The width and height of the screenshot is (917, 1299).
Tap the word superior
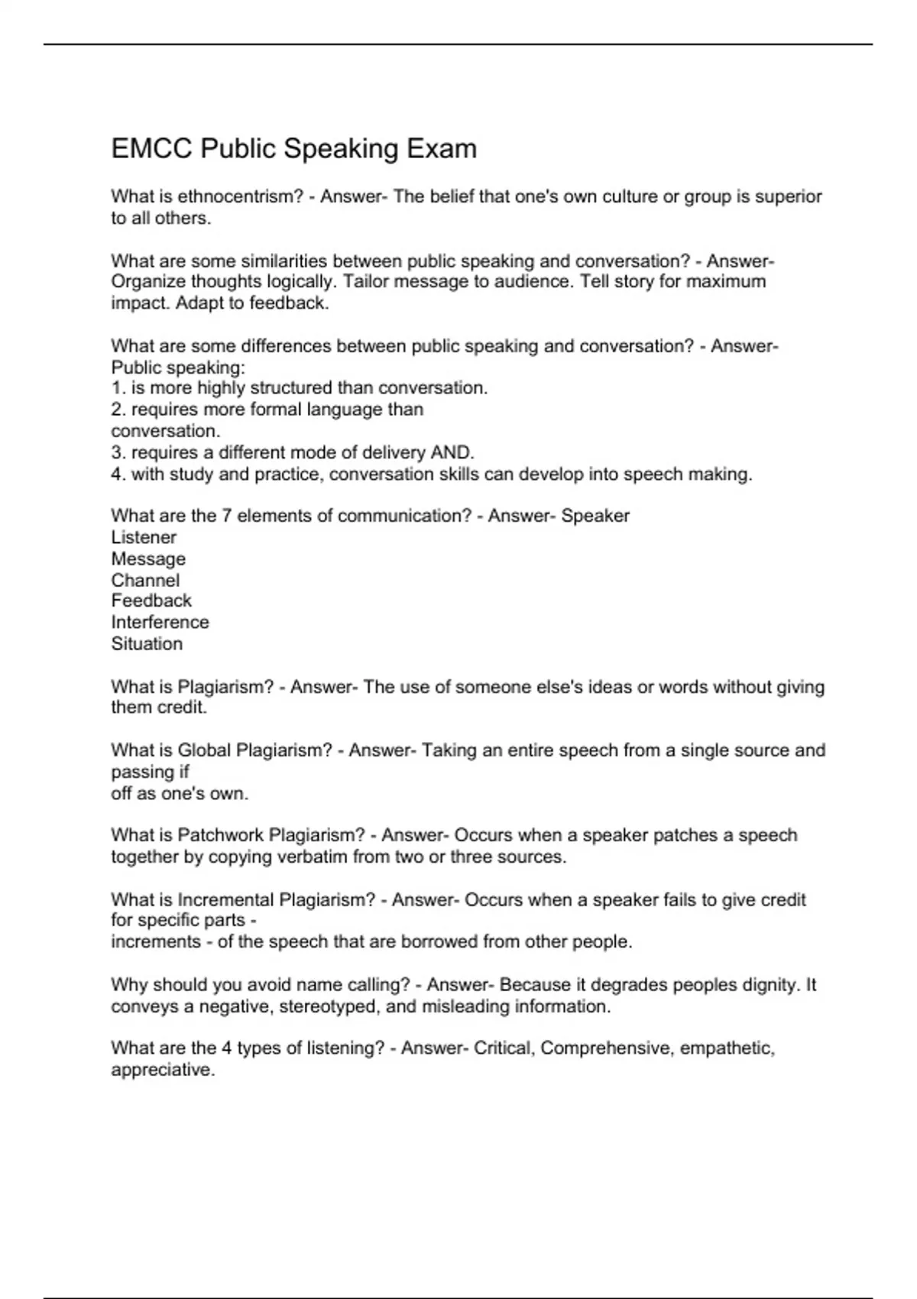789,196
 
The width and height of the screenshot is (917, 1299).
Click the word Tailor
365,282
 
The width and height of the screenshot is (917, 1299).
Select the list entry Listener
144,537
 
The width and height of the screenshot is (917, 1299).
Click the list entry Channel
145,580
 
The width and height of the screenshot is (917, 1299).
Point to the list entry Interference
160,622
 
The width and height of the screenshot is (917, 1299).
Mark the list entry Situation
147,643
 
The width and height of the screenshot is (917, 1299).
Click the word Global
204,750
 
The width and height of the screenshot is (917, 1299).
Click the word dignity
771,985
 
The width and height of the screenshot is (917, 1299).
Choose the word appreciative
163,1070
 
